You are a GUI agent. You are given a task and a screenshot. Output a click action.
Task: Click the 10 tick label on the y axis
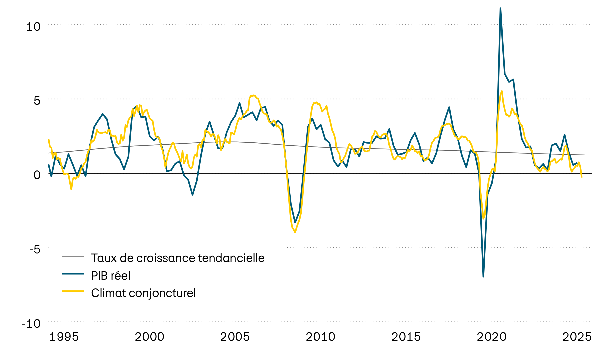[33, 27]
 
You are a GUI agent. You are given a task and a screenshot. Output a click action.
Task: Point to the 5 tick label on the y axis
[37, 101]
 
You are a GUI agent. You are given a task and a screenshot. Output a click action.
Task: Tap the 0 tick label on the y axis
[37, 175]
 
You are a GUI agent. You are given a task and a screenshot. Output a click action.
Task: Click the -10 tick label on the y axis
[31, 323]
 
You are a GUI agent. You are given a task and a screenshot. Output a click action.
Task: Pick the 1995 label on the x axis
[64, 337]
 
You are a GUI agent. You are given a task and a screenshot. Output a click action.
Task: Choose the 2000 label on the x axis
[149, 337]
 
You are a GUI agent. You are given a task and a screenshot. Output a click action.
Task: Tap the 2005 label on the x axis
[235, 337]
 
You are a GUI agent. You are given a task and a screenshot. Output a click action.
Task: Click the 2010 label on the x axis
[320, 337]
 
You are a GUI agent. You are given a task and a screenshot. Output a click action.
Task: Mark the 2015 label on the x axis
[406, 337]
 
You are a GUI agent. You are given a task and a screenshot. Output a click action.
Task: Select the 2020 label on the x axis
[492, 337]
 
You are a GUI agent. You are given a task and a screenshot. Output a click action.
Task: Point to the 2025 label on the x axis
[577, 337]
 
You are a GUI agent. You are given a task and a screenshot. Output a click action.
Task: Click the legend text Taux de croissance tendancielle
[178, 258]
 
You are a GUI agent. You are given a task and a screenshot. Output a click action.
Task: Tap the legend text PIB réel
[111, 276]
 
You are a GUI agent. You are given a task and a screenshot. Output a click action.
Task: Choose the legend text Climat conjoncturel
[143, 293]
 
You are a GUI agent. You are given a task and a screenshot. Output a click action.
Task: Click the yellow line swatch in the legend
[73, 291]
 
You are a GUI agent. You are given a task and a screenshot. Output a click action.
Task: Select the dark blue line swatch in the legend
[73, 274]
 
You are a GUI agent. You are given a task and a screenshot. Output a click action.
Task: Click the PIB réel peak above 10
[500, 8]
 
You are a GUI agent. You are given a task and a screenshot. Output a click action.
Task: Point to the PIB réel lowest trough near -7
[483, 276]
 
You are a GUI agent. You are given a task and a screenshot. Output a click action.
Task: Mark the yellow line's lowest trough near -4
[295, 232]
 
